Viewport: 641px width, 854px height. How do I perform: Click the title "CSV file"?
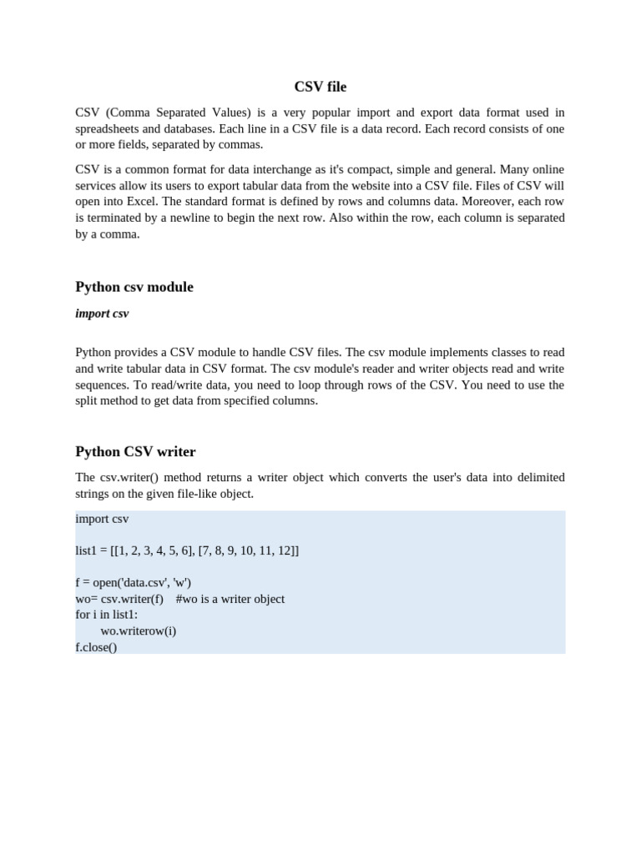(x=320, y=87)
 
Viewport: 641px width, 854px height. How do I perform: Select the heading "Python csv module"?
(x=134, y=287)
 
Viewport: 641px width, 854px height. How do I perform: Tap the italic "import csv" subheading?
(x=102, y=314)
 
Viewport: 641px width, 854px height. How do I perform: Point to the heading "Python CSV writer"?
(x=135, y=452)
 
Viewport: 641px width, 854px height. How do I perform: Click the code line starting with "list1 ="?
(x=187, y=551)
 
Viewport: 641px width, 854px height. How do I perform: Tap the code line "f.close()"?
(x=96, y=647)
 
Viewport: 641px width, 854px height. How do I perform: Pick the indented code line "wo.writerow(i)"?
(x=138, y=631)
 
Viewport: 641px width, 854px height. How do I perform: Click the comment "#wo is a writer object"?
(x=230, y=599)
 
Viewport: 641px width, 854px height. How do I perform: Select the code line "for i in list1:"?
(x=107, y=615)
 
